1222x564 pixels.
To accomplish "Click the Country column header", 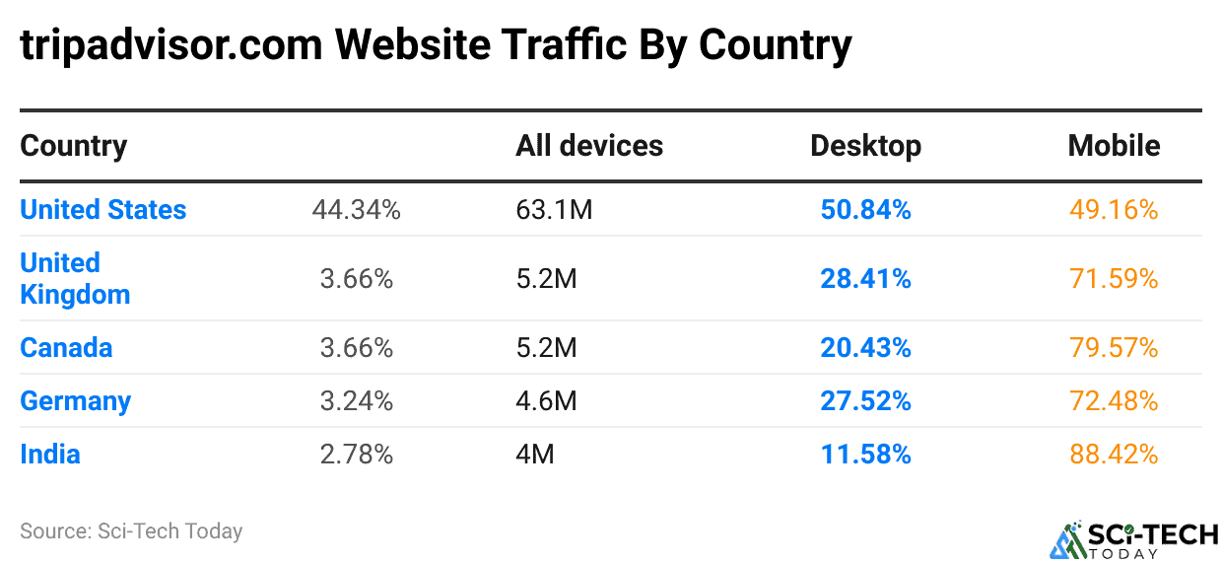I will [74, 146].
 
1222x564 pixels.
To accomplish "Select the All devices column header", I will [589, 146].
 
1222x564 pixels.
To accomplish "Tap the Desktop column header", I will [865, 146].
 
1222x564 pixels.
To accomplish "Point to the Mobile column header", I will [1114, 146].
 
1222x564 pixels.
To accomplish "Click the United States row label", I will [103, 209].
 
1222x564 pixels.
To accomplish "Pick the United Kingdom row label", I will [75, 278].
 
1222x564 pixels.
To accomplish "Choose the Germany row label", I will [76, 401].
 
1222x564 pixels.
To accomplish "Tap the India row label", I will [50, 455].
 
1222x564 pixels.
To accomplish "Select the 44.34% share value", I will [356, 209].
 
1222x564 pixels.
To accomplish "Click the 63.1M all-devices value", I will [554, 209].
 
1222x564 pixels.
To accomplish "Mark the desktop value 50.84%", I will [865, 209].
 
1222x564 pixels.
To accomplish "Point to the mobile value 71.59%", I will [1114, 279].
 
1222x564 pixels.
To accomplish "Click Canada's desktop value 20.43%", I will [865, 348].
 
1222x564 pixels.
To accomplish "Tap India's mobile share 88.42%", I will [1114, 455].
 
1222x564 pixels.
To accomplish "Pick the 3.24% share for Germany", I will [356, 401].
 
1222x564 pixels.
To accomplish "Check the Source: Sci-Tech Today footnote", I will [131, 530].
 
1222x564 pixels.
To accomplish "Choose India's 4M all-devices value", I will [535, 455].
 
